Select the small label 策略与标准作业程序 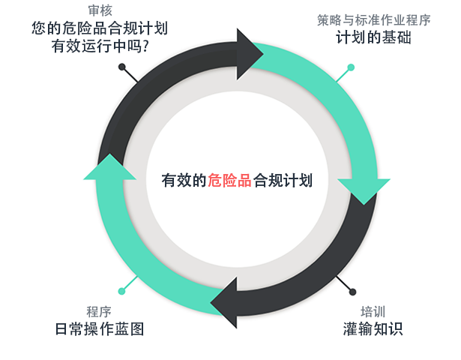[x=373, y=20]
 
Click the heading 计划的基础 [x=373, y=37]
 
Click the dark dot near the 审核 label [x=122, y=67]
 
